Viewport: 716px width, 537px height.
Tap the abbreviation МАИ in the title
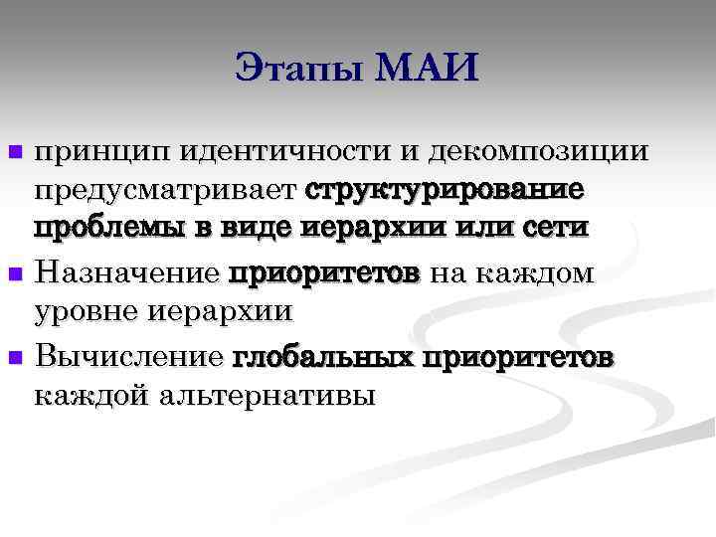click(x=429, y=69)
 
